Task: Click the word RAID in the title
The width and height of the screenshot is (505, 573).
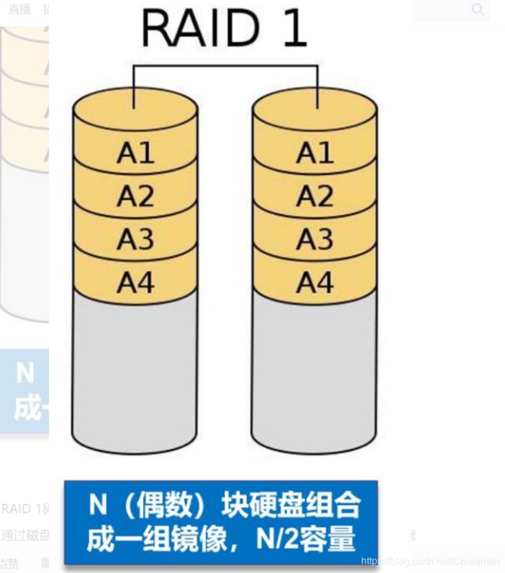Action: (201, 29)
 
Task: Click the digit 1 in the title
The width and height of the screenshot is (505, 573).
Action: (293, 29)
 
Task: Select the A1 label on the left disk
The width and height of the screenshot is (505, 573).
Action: (136, 153)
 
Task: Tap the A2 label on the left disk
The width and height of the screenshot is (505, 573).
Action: (136, 197)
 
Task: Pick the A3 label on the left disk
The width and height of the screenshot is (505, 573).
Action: (136, 239)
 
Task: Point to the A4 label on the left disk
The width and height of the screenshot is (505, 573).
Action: (136, 282)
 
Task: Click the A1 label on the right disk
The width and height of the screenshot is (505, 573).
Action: (315, 153)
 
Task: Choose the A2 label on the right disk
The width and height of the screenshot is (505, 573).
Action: (315, 197)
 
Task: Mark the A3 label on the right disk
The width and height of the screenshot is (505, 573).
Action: (315, 239)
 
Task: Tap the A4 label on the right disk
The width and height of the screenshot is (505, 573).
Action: (315, 282)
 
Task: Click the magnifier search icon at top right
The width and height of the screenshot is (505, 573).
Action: (478, 9)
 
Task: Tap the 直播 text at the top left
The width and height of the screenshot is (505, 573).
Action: (19, 9)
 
